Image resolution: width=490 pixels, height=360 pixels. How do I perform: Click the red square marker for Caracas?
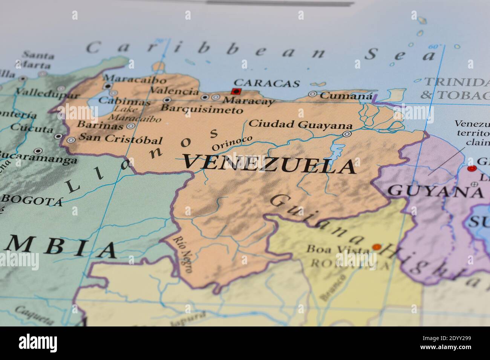[x=236, y=91]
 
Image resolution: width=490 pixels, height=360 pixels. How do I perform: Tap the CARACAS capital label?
[x=266, y=83]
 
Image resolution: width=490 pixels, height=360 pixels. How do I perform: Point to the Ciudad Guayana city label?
[x=301, y=124]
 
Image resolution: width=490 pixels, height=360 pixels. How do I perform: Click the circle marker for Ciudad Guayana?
[x=347, y=134]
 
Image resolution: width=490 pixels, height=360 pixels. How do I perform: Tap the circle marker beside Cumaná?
[x=312, y=94]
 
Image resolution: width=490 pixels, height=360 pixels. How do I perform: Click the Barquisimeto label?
[x=202, y=110]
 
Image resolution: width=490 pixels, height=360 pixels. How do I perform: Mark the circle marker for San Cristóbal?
[x=71, y=140]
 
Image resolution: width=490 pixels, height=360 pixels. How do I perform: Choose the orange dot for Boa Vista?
[x=377, y=247]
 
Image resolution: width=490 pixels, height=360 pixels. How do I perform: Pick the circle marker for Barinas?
[x=131, y=126]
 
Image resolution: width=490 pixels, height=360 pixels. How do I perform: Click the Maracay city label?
[x=248, y=101]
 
